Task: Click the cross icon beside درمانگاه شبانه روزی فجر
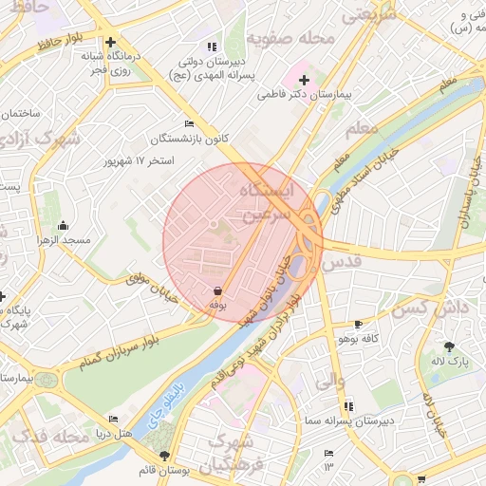pos(112,42)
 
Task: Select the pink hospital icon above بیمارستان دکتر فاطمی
pos(305,80)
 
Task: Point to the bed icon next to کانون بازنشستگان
pos(190,123)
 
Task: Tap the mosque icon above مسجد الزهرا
pos(63,225)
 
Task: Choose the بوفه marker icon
pos(217,290)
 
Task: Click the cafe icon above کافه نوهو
pos(358,324)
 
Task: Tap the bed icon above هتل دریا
pos(114,419)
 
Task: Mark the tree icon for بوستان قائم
pos(166,456)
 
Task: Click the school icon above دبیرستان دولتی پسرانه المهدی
pos(212,46)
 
